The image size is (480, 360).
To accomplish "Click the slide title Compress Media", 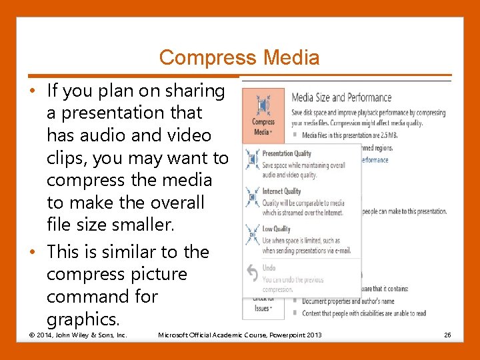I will point(239,58).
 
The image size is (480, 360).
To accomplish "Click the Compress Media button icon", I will point(263,105).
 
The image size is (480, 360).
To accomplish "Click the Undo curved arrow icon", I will point(252,274).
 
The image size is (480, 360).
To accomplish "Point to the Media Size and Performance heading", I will point(341,97).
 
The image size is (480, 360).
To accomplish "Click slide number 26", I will point(447,334).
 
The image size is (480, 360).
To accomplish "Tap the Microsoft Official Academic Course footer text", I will point(239,334).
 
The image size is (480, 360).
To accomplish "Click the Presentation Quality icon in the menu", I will point(252,159).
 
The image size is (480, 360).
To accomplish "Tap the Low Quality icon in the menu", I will point(252,233).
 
